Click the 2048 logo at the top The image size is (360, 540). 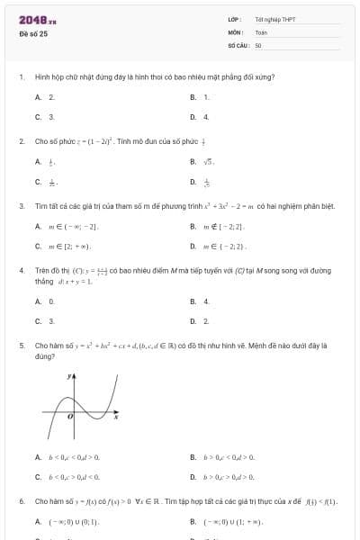point(37,20)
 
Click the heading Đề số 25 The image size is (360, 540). point(34,33)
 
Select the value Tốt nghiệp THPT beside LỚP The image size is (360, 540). point(274,19)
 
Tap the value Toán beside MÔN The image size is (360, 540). point(261,31)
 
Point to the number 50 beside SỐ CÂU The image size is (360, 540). point(258,44)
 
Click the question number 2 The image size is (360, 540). point(21,141)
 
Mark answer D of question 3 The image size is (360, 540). point(220,246)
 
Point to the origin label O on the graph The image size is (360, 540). point(71,419)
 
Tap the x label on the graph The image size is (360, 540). point(116,417)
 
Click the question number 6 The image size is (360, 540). point(21,500)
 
